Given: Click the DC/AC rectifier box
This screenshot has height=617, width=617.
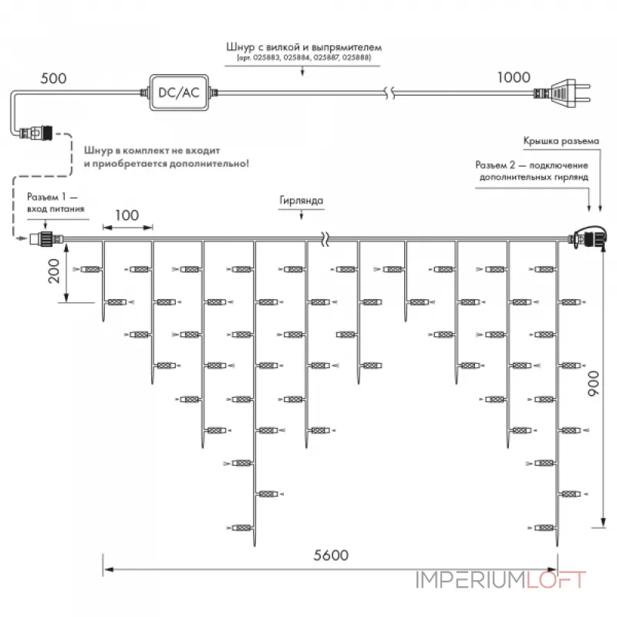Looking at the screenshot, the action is tap(179, 93).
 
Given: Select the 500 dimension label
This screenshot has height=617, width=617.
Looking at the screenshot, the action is tap(53, 79).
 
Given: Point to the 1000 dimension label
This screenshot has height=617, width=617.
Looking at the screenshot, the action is tap(514, 77).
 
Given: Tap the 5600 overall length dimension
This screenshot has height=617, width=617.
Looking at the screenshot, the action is tap(331, 555).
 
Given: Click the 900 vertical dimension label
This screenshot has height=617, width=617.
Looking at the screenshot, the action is tap(593, 383).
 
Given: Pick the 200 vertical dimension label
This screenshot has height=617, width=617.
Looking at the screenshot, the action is tap(53, 271).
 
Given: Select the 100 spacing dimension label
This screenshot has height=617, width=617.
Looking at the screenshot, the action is tap(127, 215).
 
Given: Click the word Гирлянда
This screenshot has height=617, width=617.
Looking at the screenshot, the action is tap(302, 201).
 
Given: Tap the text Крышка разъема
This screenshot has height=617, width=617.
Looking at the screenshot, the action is tap(561, 141).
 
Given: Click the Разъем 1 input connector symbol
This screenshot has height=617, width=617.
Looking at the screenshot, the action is tap(46, 238).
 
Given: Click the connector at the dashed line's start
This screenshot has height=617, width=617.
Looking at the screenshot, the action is tap(35, 133).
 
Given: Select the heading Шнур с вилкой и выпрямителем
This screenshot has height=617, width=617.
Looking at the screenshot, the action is tap(304, 47).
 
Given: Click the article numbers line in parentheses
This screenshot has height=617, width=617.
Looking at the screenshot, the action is tap(304, 58).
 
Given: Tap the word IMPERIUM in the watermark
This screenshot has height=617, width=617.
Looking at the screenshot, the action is tap(470, 580).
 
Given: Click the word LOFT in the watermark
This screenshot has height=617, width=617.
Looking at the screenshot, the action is tap(556, 580).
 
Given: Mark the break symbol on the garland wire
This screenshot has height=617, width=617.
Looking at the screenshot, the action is tap(325, 238).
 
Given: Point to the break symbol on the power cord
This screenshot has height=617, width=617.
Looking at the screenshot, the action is tap(389, 93).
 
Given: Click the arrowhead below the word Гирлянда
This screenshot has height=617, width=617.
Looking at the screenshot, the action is tap(302, 216).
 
